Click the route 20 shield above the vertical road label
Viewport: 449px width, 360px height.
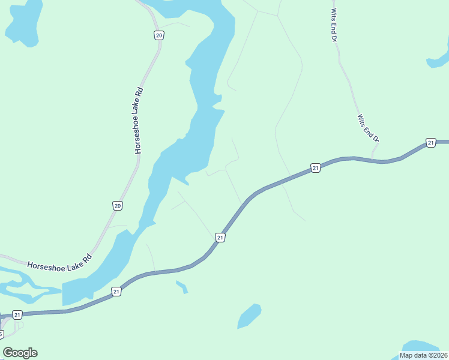158,35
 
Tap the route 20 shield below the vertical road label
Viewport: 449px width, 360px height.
118,206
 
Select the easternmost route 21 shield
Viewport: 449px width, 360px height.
430,142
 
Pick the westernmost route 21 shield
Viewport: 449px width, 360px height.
17,314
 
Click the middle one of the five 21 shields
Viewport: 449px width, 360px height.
220,238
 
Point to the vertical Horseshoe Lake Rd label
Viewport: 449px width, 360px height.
139,120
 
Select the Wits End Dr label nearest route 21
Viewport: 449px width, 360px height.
369,128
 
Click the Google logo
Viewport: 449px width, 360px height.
20,353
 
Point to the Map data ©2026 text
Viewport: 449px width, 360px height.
423,355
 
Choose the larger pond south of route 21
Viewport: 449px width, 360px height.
249,316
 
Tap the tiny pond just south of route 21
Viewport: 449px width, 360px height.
182,287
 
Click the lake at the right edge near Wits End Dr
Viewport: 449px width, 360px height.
439,59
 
